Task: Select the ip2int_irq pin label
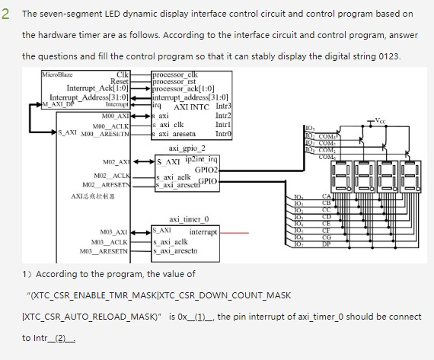tap(202, 158)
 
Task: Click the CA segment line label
tap(326, 196)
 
